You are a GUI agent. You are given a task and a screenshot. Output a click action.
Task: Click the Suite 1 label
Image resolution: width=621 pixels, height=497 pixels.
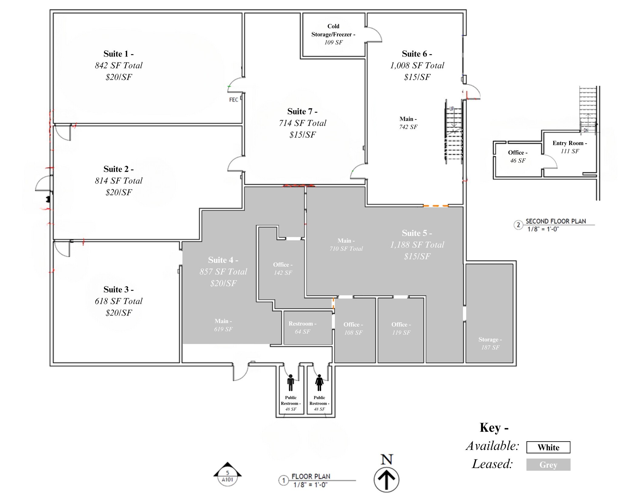click(x=119, y=54)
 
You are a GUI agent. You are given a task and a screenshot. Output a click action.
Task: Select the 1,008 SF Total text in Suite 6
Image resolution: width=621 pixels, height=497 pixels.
click(x=417, y=66)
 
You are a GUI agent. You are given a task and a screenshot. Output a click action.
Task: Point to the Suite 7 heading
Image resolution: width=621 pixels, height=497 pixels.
click(x=302, y=112)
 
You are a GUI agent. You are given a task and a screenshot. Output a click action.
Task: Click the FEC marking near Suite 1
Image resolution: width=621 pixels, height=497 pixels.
click(x=233, y=100)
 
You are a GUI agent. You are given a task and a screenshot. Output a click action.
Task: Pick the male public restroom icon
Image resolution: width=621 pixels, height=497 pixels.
click(x=290, y=383)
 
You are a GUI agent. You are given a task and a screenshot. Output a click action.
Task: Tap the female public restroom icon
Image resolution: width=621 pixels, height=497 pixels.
click(x=319, y=383)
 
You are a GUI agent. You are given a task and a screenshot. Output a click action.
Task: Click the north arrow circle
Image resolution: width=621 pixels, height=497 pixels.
click(x=386, y=480)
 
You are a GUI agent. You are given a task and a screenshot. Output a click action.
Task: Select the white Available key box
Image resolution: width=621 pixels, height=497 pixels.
click(x=548, y=447)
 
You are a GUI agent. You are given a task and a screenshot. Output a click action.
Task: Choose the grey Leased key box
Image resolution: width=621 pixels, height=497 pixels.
click(x=548, y=465)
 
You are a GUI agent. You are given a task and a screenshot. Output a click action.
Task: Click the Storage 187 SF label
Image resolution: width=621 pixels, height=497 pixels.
click(x=490, y=343)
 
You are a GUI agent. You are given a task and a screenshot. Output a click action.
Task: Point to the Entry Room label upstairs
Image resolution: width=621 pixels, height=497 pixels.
click(x=570, y=147)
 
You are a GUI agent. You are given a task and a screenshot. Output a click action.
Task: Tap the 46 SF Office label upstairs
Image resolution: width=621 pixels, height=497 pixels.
click(x=518, y=157)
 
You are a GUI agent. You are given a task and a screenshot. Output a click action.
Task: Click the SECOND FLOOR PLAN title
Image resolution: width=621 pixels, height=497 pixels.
click(x=556, y=221)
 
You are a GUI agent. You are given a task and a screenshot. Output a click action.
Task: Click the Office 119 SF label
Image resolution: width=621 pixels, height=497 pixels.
click(x=401, y=329)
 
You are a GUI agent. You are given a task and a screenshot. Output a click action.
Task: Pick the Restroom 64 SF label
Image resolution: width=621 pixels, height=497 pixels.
click(x=302, y=328)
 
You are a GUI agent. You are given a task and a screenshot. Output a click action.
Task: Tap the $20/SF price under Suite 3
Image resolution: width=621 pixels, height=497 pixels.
click(x=119, y=313)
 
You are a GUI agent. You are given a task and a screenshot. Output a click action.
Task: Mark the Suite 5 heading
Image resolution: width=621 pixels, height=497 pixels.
click(x=417, y=233)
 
